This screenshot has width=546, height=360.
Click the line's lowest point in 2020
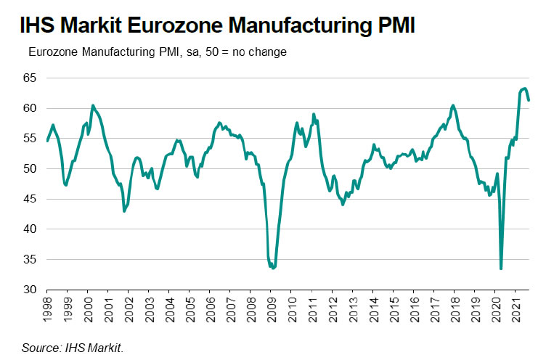point(501,269)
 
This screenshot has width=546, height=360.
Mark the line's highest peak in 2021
point(525,89)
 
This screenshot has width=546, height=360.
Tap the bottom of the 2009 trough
point(272,268)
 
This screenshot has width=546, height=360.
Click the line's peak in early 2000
point(93,105)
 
